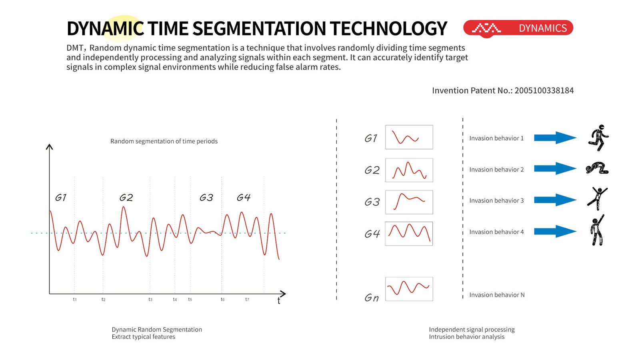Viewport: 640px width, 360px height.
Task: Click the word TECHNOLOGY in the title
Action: coord(388,29)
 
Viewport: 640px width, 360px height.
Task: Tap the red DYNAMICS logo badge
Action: coord(518,28)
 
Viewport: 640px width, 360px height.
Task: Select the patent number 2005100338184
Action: coord(544,90)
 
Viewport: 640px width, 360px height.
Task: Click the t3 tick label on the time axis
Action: coord(150,299)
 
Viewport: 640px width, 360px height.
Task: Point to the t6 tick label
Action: coord(223,299)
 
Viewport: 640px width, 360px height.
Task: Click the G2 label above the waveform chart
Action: coord(126,198)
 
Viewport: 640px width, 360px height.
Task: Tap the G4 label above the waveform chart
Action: coord(244,198)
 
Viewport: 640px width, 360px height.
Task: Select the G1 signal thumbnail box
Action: coord(409,137)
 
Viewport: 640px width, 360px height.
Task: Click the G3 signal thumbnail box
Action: coord(409,202)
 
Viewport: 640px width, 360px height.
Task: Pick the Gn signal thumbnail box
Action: coord(409,289)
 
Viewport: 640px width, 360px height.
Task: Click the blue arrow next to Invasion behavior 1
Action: coord(555,138)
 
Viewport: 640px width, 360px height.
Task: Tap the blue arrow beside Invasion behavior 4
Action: coord(555,232)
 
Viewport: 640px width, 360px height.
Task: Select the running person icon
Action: coord(598,138)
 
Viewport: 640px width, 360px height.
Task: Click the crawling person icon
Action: coord(597,168)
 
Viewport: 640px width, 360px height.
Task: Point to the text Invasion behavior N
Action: coord(497,295)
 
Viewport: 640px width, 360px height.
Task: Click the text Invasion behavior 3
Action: coord(496,200)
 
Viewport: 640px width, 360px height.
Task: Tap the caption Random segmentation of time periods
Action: coord(164,141)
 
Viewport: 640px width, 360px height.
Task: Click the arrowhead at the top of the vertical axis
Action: coord(50,146)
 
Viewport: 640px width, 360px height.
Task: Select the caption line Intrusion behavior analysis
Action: coord(466,337)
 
